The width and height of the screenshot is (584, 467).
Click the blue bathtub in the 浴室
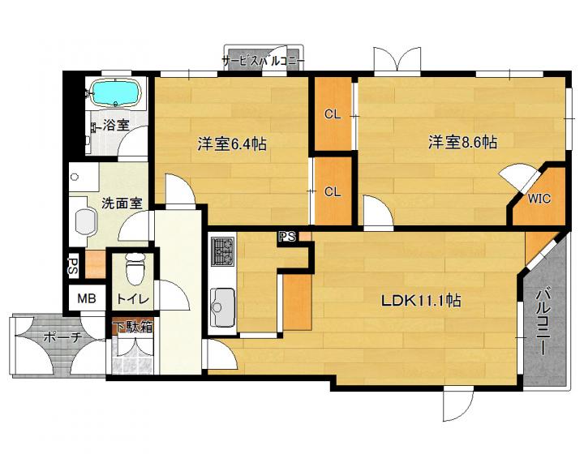[x=116, y=93]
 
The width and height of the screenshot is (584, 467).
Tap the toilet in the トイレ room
[x=135, y=268]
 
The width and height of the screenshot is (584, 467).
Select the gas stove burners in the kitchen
[x=223, y=252]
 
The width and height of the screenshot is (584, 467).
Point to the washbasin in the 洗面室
[x=86, y=223]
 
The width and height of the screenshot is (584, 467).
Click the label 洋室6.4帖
[x=232, y=144]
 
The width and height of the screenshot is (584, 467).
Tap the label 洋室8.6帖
[x=462, y=142]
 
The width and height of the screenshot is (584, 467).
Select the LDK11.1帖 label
[x=421, y=301]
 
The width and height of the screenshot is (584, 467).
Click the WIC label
[x=539, y=199]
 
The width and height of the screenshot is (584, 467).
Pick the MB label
[x=87, y=298]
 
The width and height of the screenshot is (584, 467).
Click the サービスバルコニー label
[x=264, y=61]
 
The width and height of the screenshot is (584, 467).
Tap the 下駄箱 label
[x=132, y=328]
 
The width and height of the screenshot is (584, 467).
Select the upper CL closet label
[x=333, y=114]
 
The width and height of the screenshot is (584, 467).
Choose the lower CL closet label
[x=333, y=192]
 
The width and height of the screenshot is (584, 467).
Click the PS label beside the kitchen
[x=287, y=237]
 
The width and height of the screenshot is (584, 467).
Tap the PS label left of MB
[x=73, y=266]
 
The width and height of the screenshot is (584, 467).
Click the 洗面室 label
[x=122, y=204]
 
